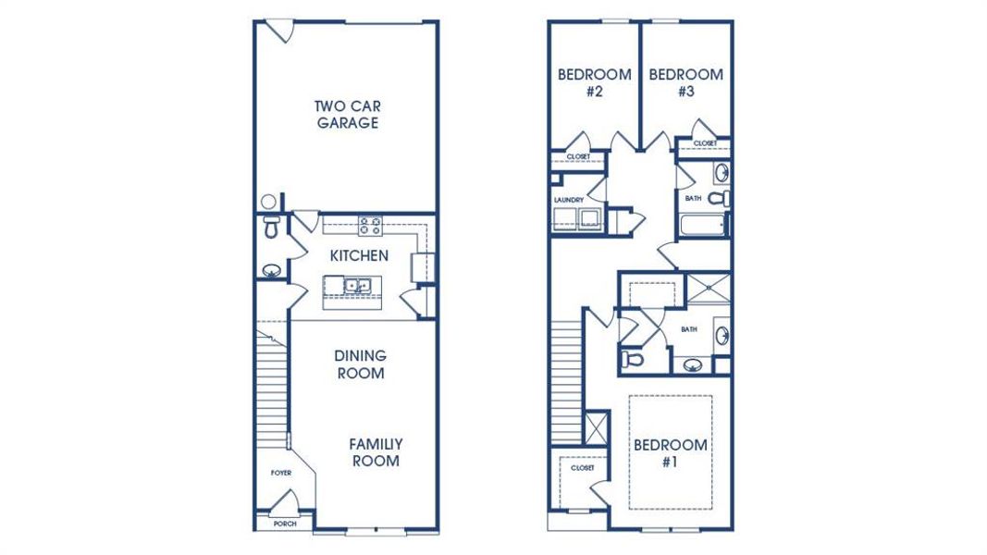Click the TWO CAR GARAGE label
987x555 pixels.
(x=347, y=115)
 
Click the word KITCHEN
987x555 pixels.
(x=359, y=255)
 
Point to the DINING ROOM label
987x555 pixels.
(x=360, y=364)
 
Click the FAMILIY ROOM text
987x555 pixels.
(x=375, y=452)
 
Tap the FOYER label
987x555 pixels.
(x=281, y=473)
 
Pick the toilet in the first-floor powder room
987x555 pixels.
(x=271, y=228)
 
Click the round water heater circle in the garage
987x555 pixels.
(x=268, y=201)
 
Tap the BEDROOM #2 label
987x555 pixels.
(x=594, y=82)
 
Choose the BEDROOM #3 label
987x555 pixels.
(x=685, y=82)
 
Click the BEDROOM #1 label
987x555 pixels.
(x=671, y=453)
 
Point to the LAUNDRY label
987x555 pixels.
(x=568, y=199)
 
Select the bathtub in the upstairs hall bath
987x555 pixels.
(x=702, y=225)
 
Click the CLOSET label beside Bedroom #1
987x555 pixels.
(x=582, y=469)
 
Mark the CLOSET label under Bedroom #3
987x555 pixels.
(x=705, y=143)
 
